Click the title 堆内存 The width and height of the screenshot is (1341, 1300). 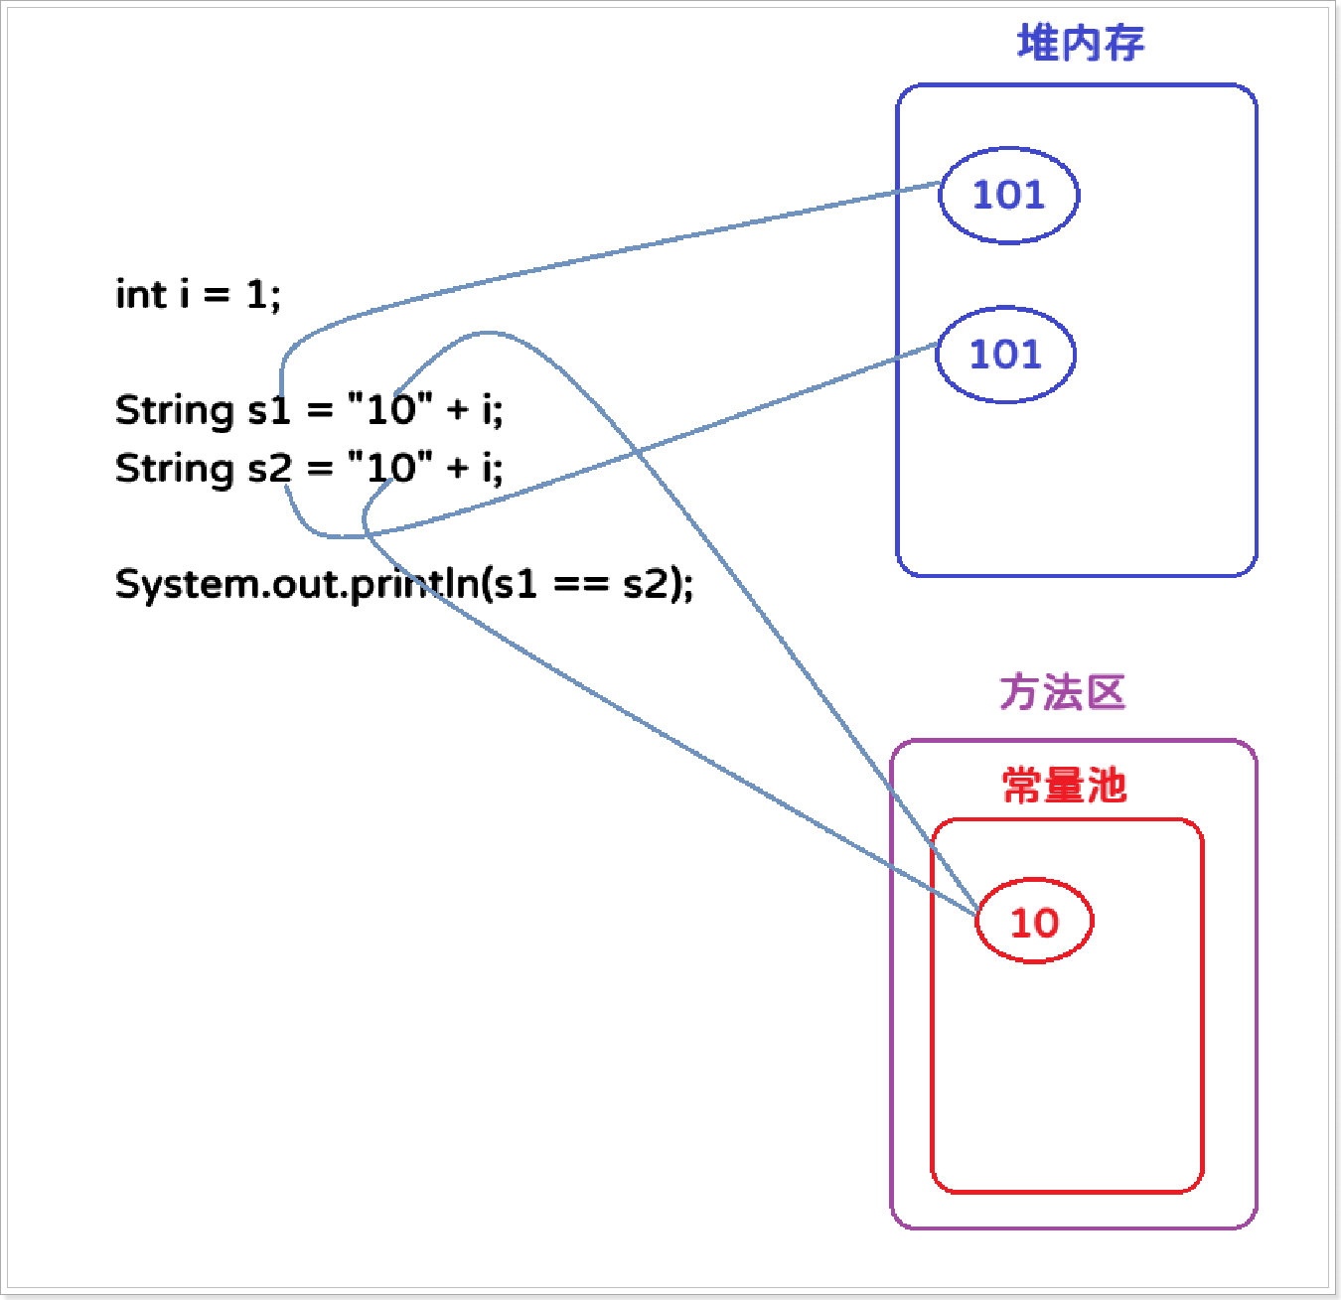pyautogui.click(x=1081, y=44)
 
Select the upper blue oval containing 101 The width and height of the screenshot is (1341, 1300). pyautogui.click(x=1008, y=195)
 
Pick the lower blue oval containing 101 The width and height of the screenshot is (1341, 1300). pyautogui.click(x=1005, y=355)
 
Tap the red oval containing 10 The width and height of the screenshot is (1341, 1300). pyautogui.click(x=1034, y=923)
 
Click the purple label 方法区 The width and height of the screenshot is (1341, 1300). pyautogui.click(x=1062, y=692)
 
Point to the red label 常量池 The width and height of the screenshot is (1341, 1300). pyautogui.click(x=1064, y=786)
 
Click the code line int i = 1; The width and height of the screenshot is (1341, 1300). pyautogui.click(x=198, y=295)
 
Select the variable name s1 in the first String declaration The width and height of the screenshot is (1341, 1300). pyautogui.click(x=268, y=410)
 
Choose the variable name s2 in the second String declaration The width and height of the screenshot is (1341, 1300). pyautogui.click(x=269, y=468)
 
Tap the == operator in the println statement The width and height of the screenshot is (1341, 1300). pyautogui.click(x=580, y=584)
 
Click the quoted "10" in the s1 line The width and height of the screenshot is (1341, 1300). pyautogui.click(x=390, y=409)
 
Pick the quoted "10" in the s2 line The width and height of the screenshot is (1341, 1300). pyautogui.click(x=390, y=467)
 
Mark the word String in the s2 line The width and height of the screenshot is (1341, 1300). pyautogui.click(x=174, y=469)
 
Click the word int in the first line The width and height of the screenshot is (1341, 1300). pyautogui.click(x=141, y=295)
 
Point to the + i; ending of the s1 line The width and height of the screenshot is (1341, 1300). pyautogui.click(x=476, y=410)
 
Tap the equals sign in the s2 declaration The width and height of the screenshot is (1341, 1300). pyautogui.click(x=320, y=469)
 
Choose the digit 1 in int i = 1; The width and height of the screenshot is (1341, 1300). pyautogui.click(x=257, y=295)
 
